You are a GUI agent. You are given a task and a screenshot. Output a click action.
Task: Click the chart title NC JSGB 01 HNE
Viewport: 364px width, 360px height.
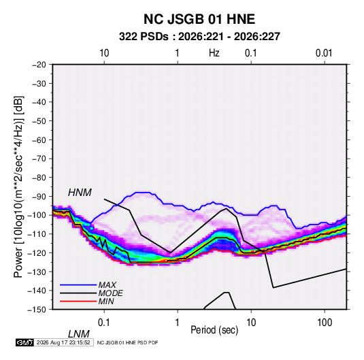point(199,19)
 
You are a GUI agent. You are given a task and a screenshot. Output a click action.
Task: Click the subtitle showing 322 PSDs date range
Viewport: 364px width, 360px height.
point(199,37)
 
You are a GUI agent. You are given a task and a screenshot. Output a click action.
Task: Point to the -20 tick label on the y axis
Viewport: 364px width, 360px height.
point(39,65)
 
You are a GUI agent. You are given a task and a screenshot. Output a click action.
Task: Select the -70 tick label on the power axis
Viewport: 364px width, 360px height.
point(39,159)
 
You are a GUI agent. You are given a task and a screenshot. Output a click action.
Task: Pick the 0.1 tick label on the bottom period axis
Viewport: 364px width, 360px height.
point(103,323)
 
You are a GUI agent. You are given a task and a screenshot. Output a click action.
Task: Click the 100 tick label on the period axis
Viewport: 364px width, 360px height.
point(325,323)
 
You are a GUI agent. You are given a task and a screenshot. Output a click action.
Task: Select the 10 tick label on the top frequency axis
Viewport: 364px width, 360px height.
point(104,53)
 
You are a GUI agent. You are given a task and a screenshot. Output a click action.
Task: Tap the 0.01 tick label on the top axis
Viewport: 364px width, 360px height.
point(324,53)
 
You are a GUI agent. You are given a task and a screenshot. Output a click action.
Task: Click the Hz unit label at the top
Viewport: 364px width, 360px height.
point(214,53)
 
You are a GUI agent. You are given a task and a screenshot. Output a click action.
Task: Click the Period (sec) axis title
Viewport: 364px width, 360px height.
point(214,330)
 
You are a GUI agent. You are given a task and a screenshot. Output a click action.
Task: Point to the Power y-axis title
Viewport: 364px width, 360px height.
point(18,186)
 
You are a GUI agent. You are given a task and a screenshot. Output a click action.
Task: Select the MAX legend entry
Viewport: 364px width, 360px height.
point(107,285)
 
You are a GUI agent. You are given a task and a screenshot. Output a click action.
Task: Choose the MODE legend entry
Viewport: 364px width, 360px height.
point(110,293)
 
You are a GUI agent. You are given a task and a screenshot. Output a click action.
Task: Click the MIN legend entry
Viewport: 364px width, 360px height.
point(106,301)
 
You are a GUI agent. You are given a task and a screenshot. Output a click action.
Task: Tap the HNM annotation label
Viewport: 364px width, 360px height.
point(80,193)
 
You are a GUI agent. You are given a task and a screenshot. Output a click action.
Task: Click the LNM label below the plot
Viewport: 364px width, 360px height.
point(79,334)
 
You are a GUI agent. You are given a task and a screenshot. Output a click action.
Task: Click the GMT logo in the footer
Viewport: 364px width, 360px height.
point(25,342)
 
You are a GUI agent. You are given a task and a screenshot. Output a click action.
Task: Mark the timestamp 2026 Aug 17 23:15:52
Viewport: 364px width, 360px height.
point(63,342)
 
